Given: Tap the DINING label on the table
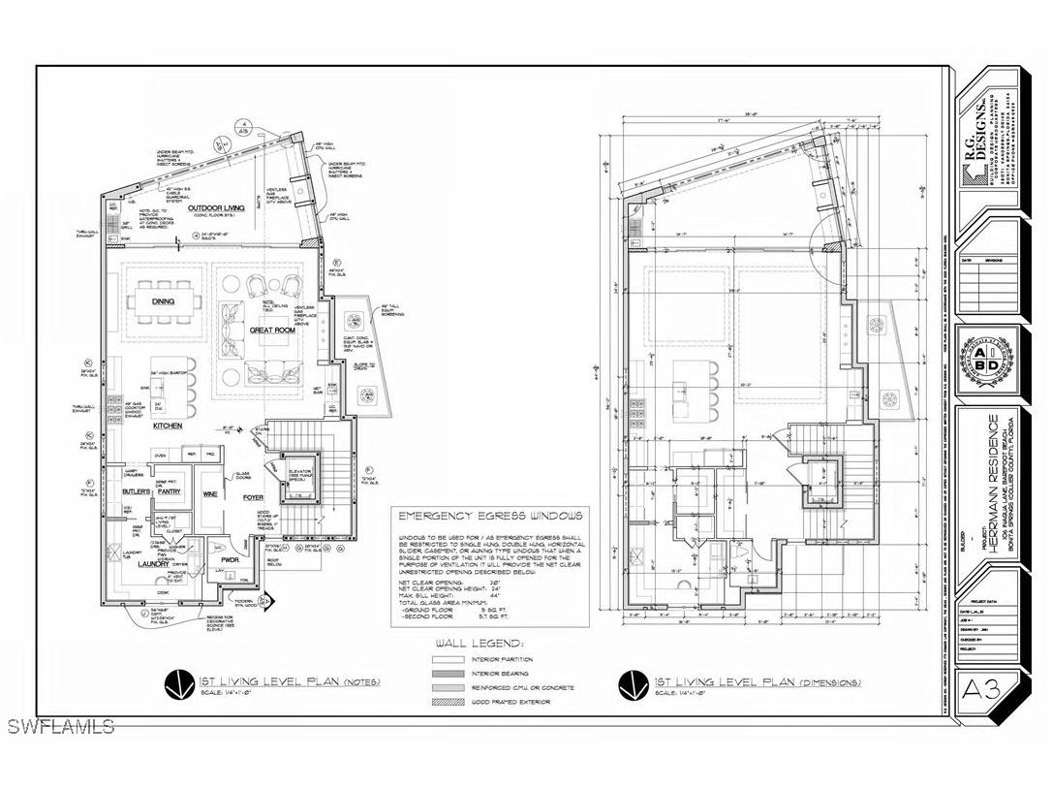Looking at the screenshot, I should coord(163,301).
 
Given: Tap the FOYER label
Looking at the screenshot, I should coord(255,499).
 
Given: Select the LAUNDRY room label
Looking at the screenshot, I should coord(152,562).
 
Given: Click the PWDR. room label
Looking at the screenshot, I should coord(229,560).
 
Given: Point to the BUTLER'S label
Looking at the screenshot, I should coord(135,492).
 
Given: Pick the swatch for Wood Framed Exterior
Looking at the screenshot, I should coord(448,701).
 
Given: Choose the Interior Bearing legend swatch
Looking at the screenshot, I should coord(448,672).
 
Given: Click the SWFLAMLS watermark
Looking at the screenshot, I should coord(59,726).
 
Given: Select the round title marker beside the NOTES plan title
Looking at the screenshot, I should coord(176,685).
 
